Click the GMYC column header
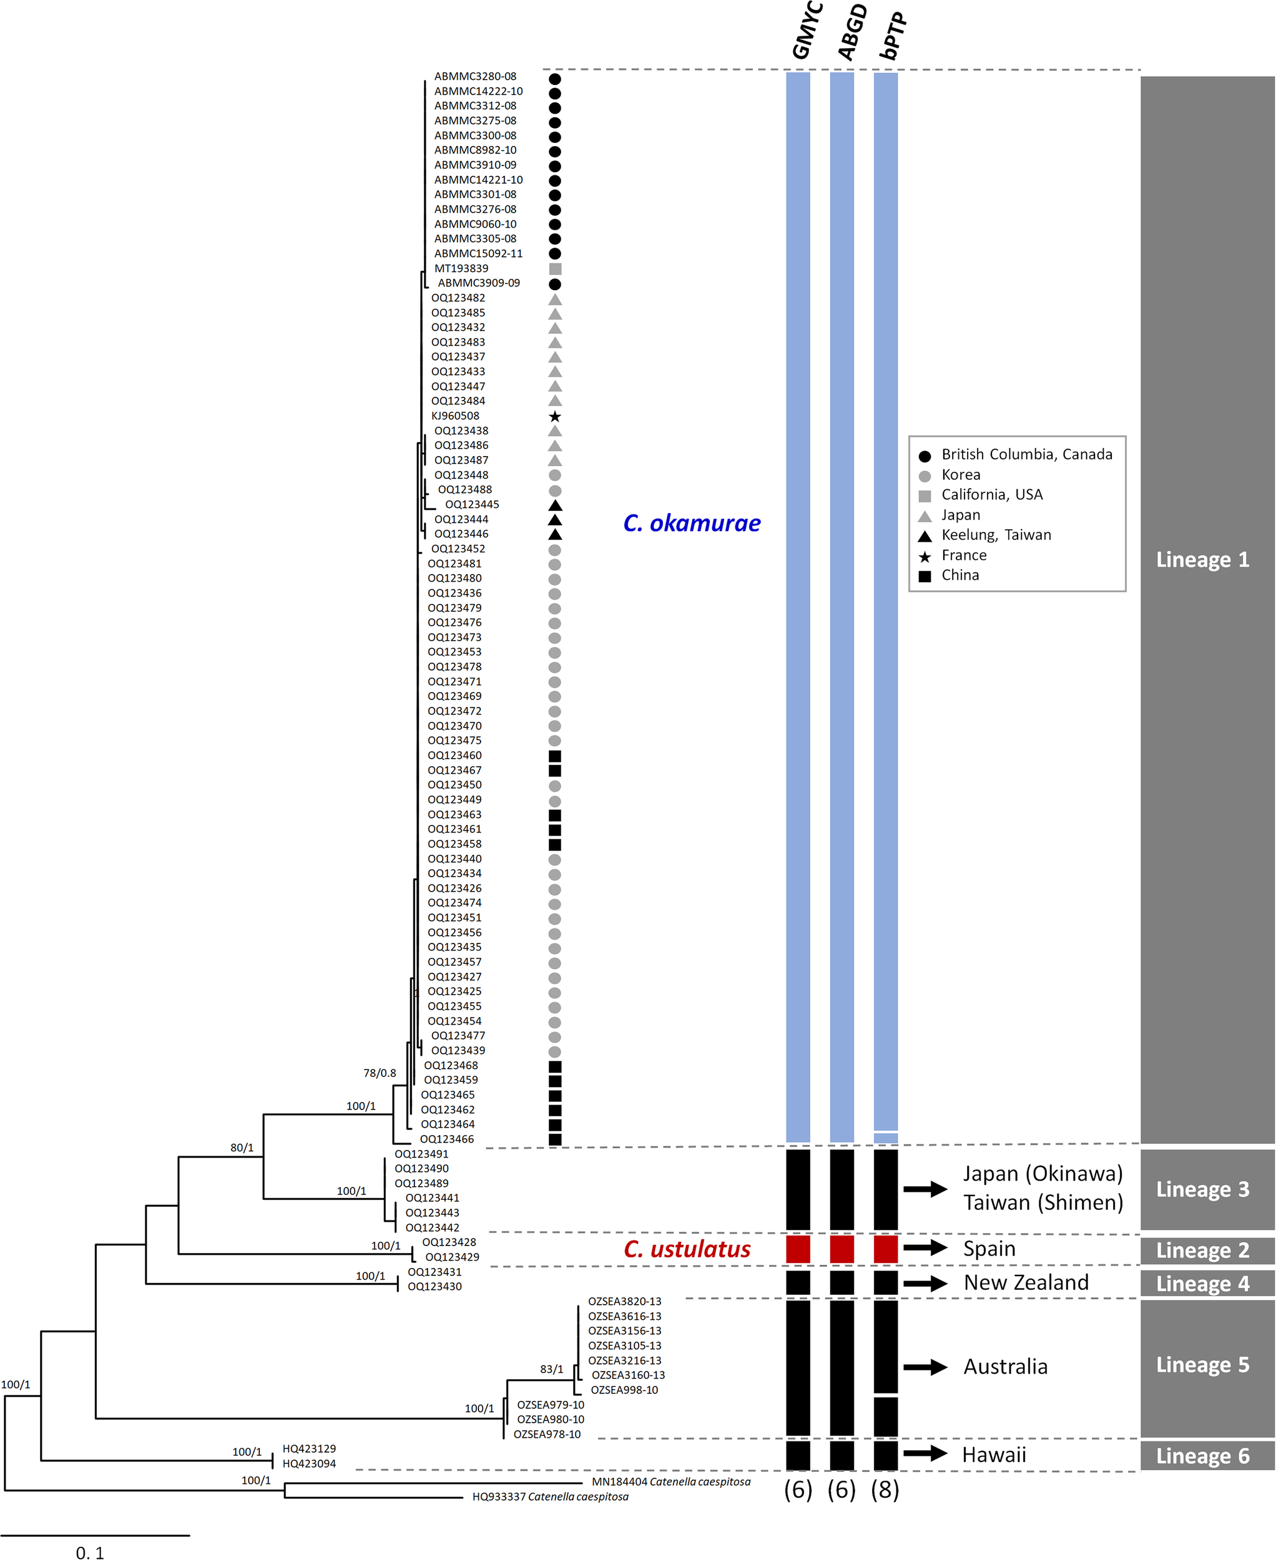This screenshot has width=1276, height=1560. [x=807, y=31]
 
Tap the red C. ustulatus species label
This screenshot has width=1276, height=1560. [x=687, y=1249]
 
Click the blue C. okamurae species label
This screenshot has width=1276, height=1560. [x=691, y=523]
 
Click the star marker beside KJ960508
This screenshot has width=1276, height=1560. [x=555, y=417]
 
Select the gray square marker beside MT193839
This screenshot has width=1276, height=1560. [x=555, y=269]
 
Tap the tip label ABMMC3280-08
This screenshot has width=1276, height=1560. [x=475, y=76]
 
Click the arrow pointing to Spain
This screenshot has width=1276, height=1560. [x=925, y=1248]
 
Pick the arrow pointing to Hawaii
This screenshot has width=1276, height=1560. [x=925, y=1453]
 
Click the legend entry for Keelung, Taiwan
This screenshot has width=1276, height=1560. [x=995, y=535]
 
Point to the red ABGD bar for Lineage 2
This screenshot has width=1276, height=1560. [x=842, y=1249]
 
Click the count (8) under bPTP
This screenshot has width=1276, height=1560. [x=885, y=1490]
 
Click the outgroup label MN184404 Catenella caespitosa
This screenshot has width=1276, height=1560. [x=670, y=1482]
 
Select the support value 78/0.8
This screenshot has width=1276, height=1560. [x=380, y=1073]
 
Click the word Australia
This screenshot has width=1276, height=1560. [x=1005, y=1367]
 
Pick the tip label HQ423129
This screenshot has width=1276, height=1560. [x=309, y=1449]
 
